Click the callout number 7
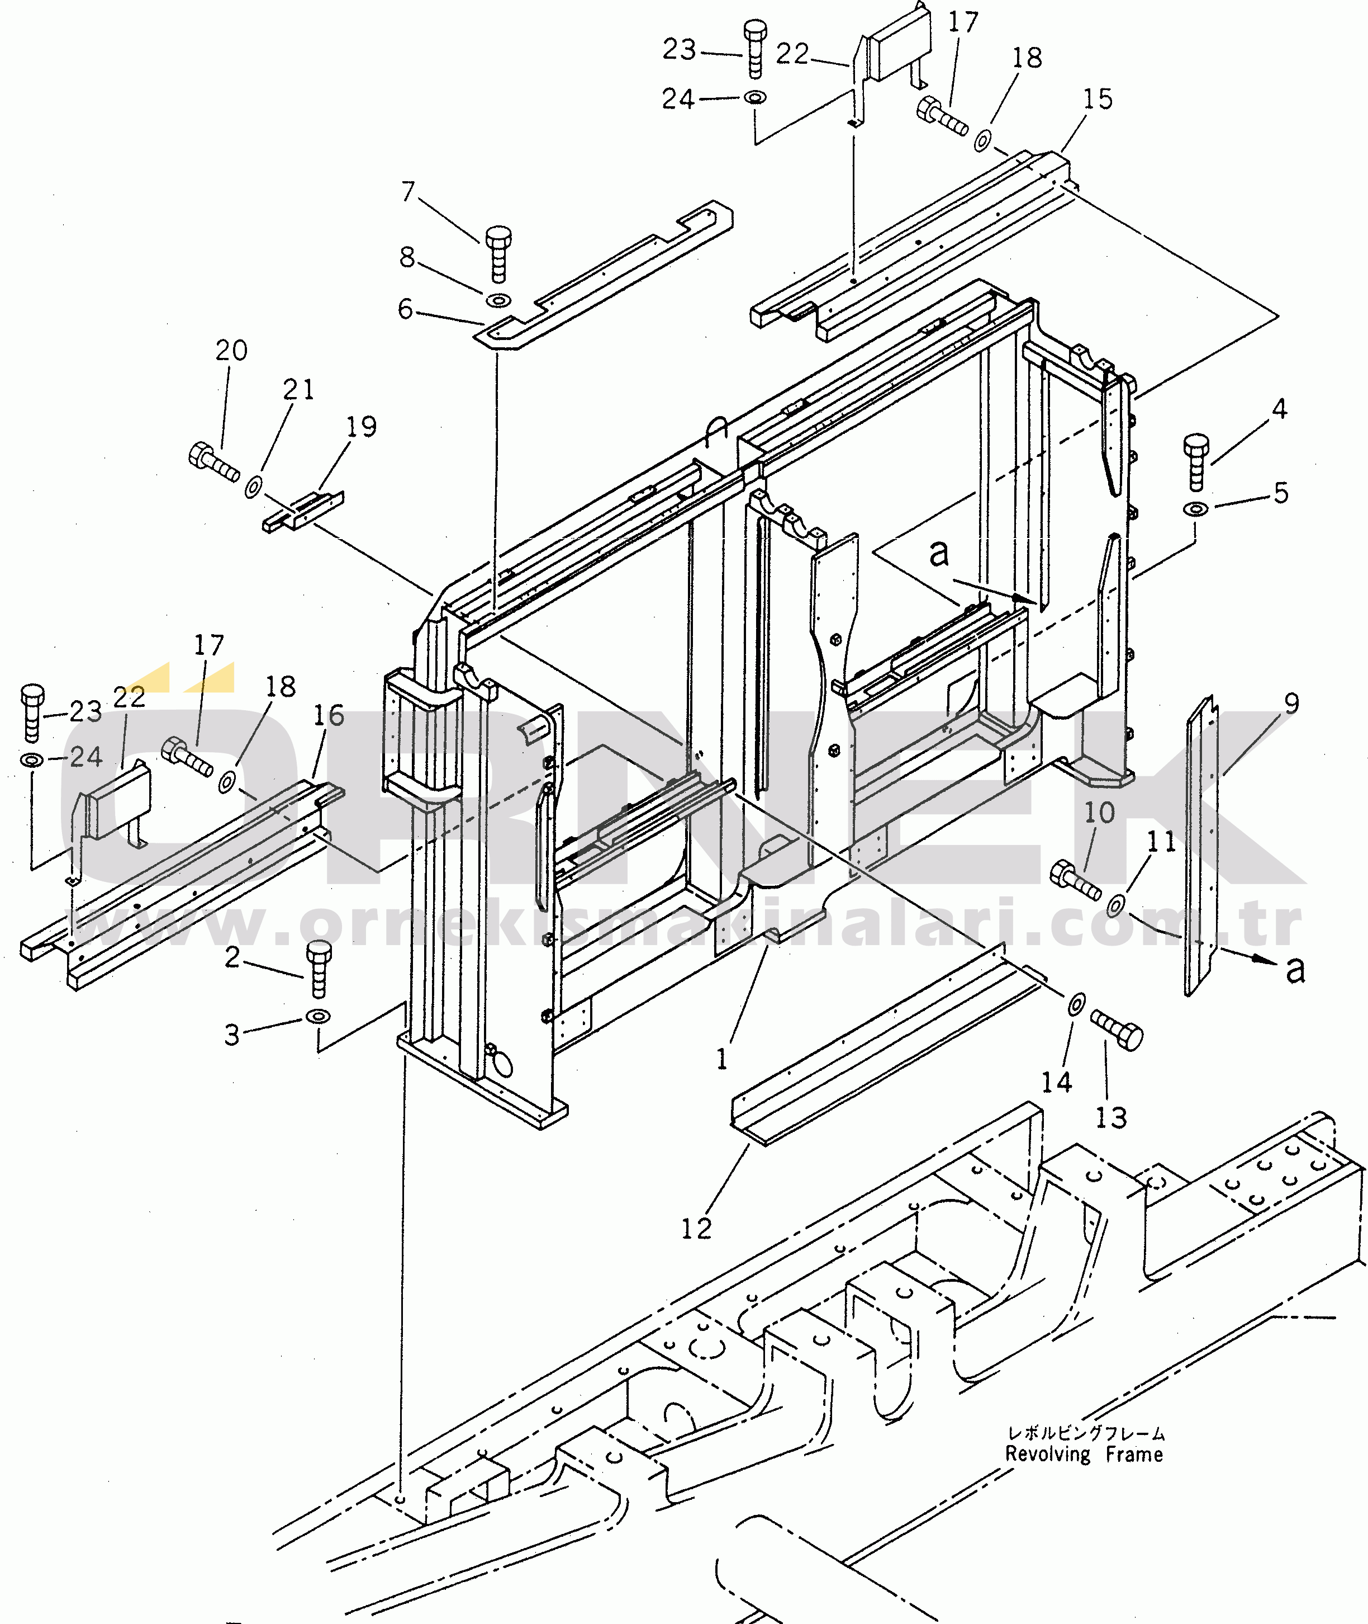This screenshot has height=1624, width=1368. point(408,191)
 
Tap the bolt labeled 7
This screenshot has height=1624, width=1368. point(498,254)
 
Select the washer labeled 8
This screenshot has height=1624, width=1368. point(498,300)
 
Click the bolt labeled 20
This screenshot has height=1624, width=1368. point(214,462)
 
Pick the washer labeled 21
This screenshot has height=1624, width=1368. point(253,487)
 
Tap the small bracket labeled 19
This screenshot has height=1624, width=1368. point(303,511)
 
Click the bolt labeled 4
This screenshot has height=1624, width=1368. point(1196,462)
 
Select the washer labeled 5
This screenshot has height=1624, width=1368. point(1195,509)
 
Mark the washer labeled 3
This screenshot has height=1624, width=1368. point(318,1016)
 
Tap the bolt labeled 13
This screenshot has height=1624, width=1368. point(1117,1030)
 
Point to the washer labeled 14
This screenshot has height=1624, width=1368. point(1076,1004)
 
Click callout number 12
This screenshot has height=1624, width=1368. point(696,1228)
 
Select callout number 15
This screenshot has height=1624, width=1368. point(1098,98)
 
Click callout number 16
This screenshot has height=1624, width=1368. point(328,715)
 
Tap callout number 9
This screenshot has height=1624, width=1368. point(1291,703)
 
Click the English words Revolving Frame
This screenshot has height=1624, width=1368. point(1084,1454)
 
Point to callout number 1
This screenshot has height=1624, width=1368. point(722,1059)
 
